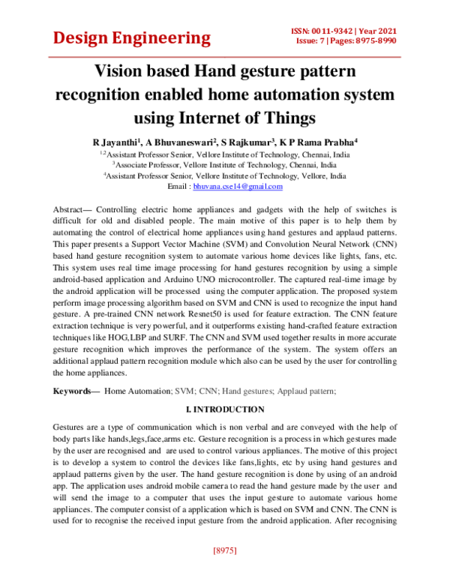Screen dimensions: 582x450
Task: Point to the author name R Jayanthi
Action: pyautogui.click(x=117, y=142)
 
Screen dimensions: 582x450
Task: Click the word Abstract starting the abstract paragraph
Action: pyautogui.click(x=73, y=208)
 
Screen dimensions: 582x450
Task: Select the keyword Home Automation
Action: pyautogui.click(x=136, y=391)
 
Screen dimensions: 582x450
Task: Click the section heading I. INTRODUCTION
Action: pyautogui.click(x=224, y=409)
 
